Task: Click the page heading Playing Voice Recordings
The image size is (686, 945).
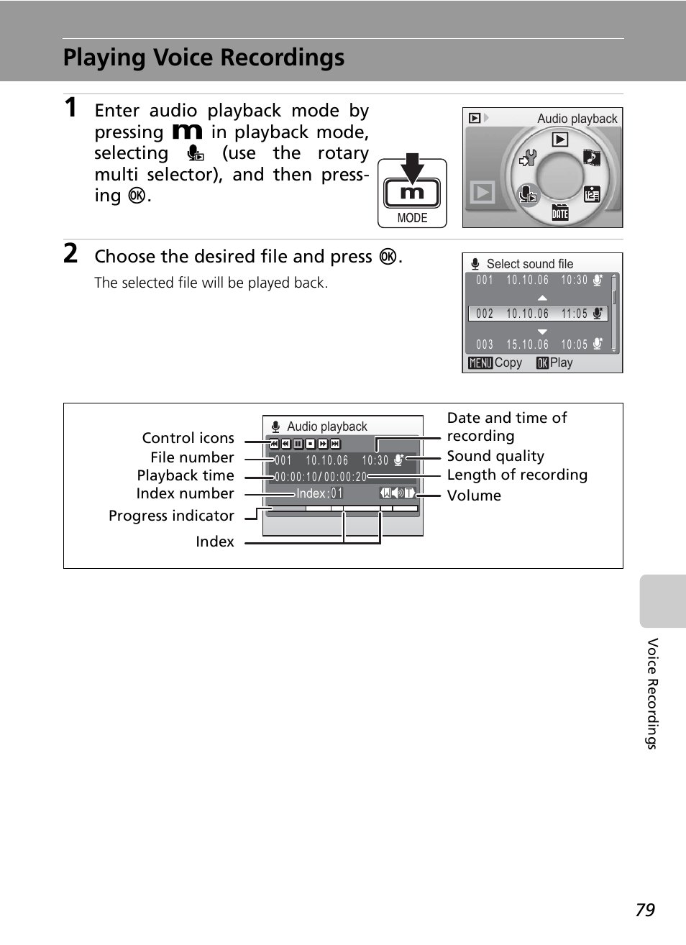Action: [x=203, y=58]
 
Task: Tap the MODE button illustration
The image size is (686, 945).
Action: [x=412, y=193]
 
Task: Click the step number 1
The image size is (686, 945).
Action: [x=70, y=108]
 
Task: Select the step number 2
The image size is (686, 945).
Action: [x=70, y=254]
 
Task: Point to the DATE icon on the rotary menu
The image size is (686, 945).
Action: [x=560, y=212]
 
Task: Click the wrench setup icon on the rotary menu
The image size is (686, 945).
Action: [x=529, y=157]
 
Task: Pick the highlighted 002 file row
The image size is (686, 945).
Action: [x=538, y=314]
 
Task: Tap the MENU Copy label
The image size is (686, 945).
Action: [x=495, y=363]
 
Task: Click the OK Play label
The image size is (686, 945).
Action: [x=554, y=363]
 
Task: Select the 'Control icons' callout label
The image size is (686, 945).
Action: [x=188, y=438]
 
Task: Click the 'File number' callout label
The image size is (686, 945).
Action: [x=192, y=457]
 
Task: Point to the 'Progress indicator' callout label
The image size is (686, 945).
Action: [x=171, y=516]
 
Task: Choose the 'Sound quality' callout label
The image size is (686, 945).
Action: [x=495, y=456]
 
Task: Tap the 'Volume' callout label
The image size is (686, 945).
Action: [x=474, y=496]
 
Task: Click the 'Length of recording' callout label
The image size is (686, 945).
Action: [x=517, y=475]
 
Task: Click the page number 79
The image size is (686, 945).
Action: [x=645, y=910]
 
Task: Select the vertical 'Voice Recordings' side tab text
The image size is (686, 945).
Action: [x=652, y=693]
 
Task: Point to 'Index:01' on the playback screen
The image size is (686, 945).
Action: [x=319, y=493]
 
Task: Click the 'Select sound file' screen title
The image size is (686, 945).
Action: [x=530, y=264]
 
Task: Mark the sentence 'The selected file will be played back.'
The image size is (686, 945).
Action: [x=211, y=283]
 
